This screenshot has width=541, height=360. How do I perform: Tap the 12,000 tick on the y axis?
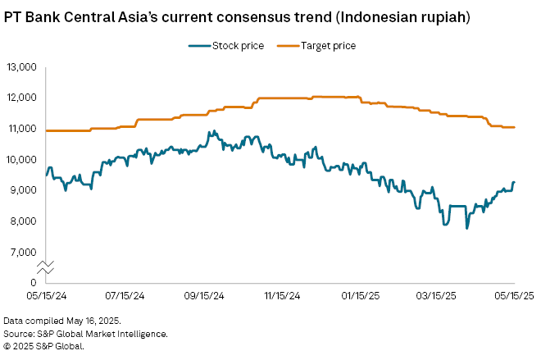22,97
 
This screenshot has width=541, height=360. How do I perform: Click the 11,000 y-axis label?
22,128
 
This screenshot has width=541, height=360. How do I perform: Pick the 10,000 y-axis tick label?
22,159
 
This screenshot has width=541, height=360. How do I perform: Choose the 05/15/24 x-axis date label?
46,296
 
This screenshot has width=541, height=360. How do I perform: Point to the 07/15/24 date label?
125,296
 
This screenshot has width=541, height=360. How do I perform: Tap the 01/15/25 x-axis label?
359,296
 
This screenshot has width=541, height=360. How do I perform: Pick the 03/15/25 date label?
436,296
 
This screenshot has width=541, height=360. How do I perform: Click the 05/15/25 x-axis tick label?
513,296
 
